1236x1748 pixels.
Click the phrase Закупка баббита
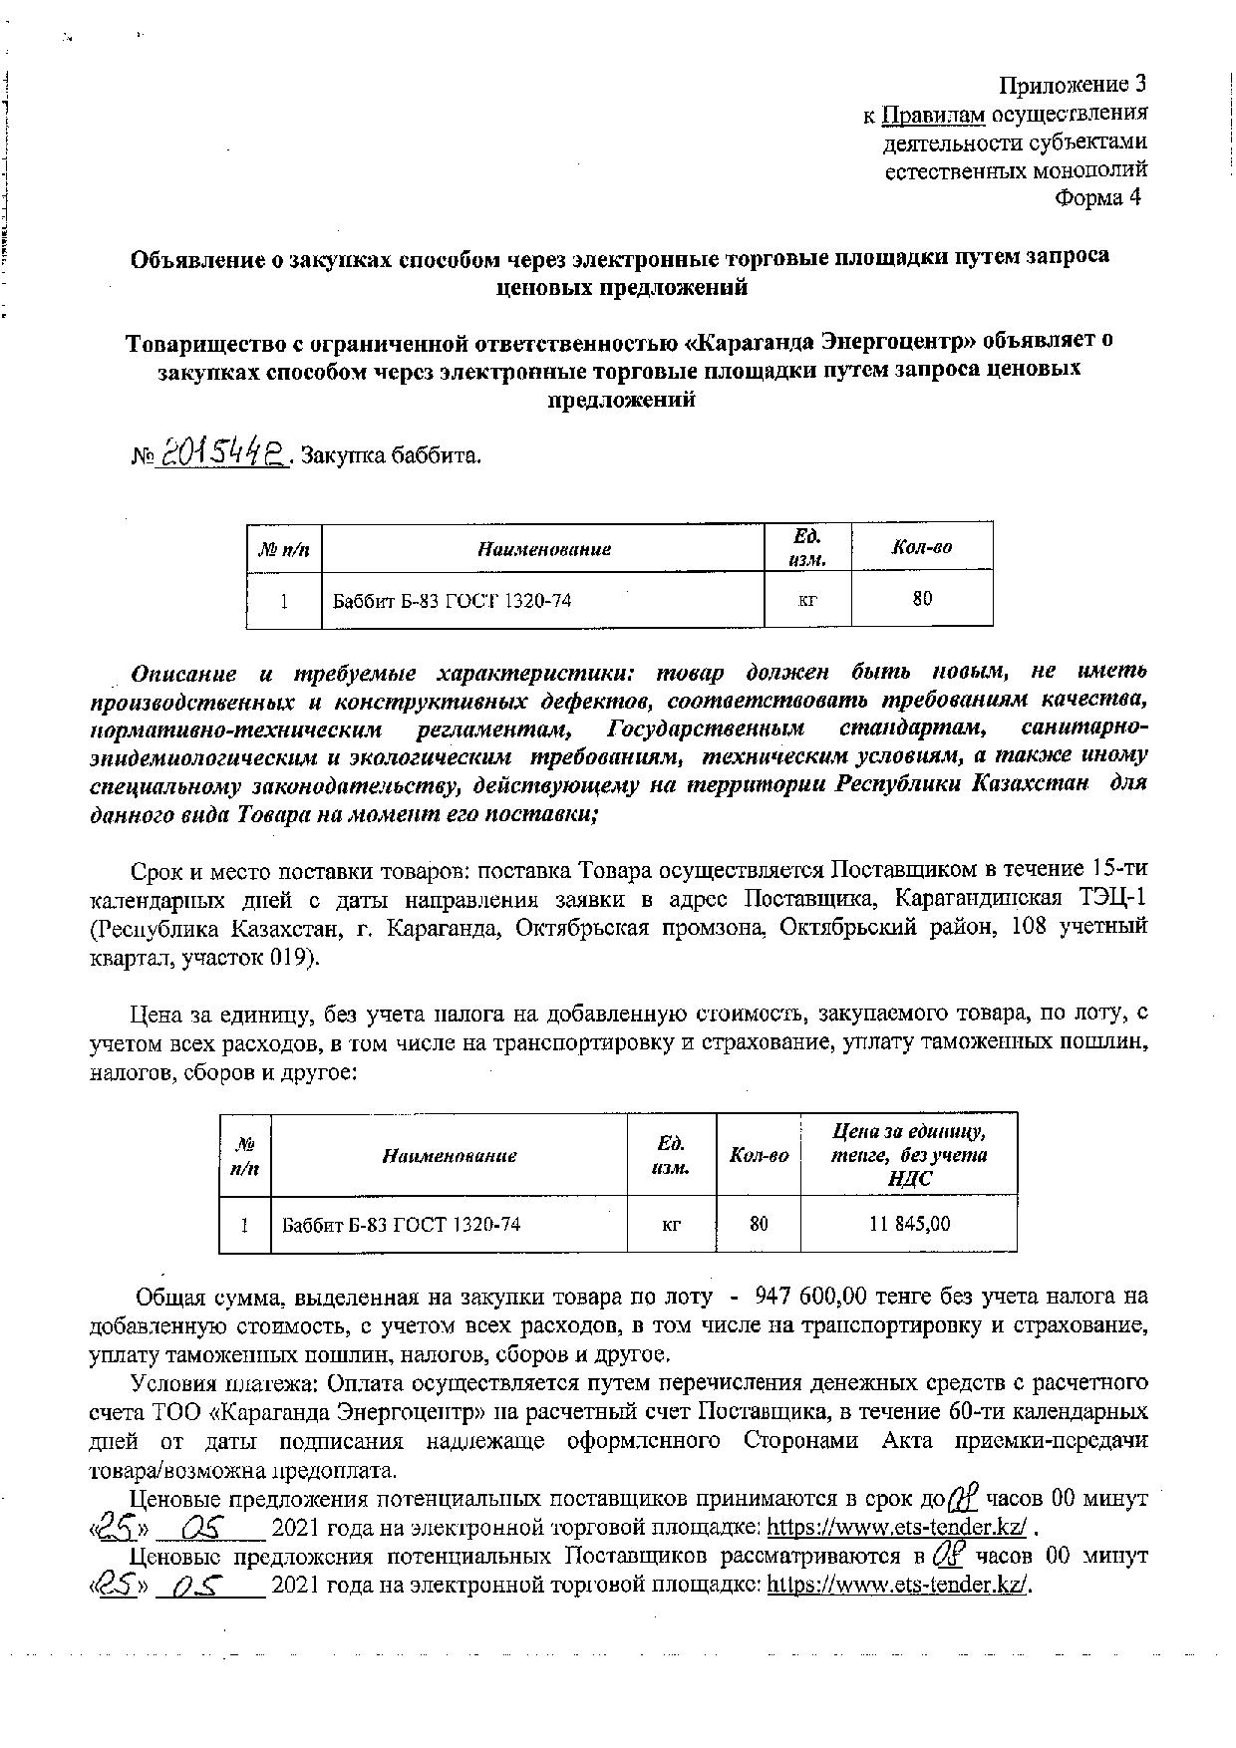click(391, 456)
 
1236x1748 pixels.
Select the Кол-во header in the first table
click(921, 547)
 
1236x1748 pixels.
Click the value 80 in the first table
click(922, 598)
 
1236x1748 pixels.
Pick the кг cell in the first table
click(807, 599)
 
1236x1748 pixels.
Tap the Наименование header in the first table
click(543, 548)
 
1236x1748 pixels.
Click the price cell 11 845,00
click(908, 1223)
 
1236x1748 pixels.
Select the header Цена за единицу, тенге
click(908, 1143)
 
